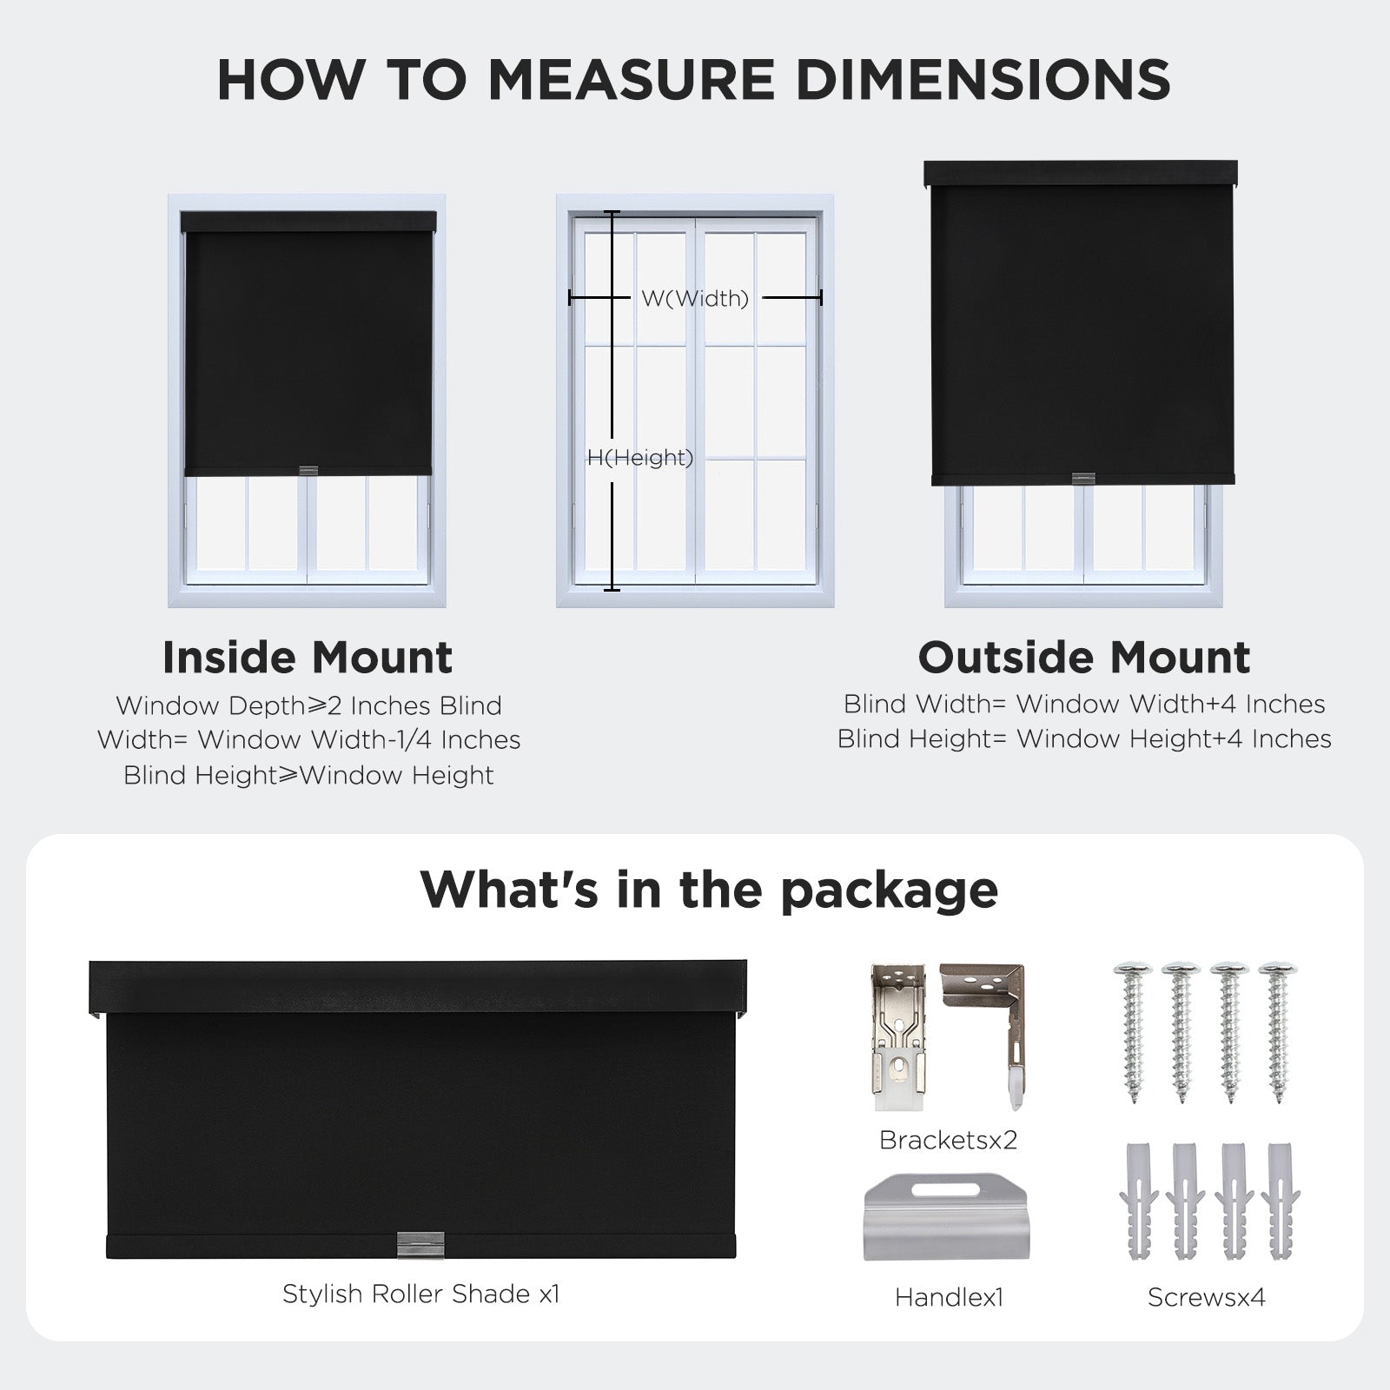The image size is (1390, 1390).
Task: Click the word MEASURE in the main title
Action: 631,80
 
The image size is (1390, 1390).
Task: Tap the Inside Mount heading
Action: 308,658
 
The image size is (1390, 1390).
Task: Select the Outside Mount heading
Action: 1083,658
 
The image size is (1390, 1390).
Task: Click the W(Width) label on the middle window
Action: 695,299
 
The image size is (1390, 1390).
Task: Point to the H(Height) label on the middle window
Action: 640,458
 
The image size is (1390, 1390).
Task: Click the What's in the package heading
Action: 709,890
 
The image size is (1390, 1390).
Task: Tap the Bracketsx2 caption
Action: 948,1140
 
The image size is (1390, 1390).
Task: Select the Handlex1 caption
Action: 949,1297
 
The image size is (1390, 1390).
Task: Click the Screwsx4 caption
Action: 1206,1297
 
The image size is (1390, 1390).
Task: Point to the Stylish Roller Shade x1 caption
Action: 421,1294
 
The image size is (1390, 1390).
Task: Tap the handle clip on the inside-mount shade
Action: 308,471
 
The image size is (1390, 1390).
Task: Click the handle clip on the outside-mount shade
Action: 1082,479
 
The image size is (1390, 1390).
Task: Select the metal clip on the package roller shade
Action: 420,1244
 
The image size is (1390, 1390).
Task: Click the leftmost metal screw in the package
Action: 1133,1030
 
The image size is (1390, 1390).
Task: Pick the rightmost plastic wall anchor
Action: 1280,1201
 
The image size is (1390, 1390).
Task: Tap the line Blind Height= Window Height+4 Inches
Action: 1084,739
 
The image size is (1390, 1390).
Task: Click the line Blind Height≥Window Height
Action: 308,775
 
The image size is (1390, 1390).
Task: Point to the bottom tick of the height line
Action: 612,590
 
